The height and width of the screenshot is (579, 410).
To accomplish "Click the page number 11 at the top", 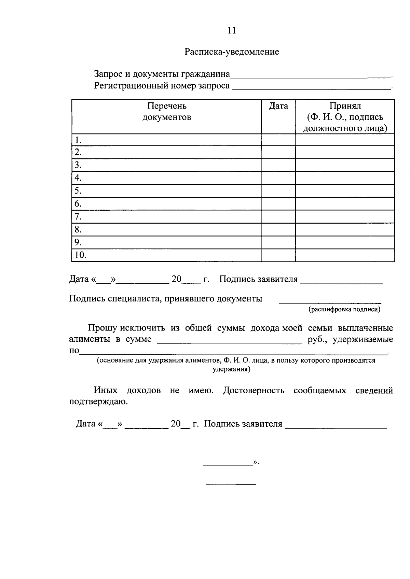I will [x=232, y=31].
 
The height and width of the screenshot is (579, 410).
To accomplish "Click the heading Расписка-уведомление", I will [x=232, y=52].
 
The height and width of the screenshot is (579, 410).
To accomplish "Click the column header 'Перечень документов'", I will [x=167, y=112].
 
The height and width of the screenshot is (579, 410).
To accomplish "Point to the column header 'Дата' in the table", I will [x=278, y=106].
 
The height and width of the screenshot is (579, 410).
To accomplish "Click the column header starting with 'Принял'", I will [x=345, y=117].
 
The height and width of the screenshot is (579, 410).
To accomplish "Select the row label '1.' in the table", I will [x=78, y=140].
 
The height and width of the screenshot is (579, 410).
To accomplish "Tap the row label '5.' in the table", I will [x=78, y=190].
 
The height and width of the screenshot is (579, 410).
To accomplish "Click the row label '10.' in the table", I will [x=80, y=255].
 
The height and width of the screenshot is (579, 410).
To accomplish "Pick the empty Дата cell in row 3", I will [x=278, y=165].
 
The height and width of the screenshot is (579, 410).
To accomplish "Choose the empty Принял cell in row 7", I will [x=345, y=217].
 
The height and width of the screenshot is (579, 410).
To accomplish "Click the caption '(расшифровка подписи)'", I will [x=344, y=309].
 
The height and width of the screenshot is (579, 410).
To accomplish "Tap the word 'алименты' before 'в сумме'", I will [x=90, y=339].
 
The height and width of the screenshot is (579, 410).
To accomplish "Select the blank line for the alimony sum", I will [x=229, y=341].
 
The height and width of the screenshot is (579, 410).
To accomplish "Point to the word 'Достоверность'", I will [x=254, y=391].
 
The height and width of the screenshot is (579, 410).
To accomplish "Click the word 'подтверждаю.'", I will [x=98, y=402].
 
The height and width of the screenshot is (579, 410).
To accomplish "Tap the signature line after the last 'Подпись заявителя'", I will [x=336, y=427].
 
